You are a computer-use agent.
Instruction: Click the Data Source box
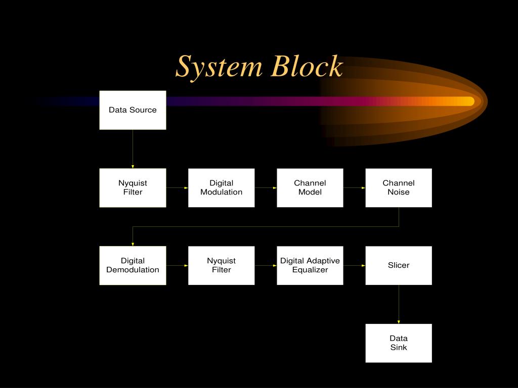(x=133, y=110)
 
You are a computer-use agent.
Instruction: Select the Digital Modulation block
(x=221, y=187)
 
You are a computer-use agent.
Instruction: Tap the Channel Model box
(x=310, y=187)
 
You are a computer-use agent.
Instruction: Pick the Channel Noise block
(x=399, y=187)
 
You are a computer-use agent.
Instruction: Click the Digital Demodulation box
(x=133, y=265)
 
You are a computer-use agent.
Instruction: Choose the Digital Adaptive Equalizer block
(x=310, y=265)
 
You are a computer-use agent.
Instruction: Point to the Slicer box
(x=399, y=265)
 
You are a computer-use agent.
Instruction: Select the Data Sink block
(x=399, y=343)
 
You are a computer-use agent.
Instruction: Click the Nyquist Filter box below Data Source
(x=133, y=187)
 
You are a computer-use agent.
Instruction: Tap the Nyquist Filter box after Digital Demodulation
(x=221, y=265)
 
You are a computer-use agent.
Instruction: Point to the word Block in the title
(x=307, y=67)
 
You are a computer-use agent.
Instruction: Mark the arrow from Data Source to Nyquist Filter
(x=133, y=149)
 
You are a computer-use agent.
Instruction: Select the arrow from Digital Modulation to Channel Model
(x=266, y=188)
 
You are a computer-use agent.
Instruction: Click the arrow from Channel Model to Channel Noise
(x=354, y=188)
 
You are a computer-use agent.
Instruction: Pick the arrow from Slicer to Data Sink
(x=399, y=304)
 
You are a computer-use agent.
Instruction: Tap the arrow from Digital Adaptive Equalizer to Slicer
(x=354, y=265)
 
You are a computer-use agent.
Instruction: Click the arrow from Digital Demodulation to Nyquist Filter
(x=177, y=265)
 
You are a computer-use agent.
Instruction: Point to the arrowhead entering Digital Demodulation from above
(x=133, y=244)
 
